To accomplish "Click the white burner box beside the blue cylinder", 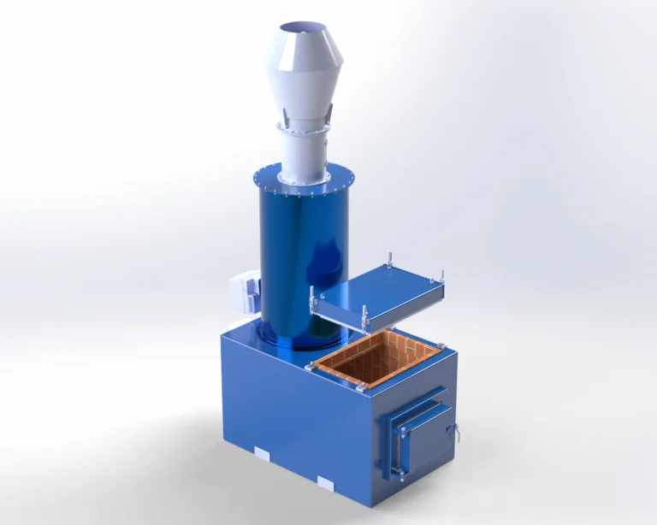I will pyautogui.click(x=243, y=292).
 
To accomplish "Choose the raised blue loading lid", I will pyautogui.click(x=381, y=292).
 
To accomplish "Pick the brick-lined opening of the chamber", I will pyautogui.click(x=376, y=359).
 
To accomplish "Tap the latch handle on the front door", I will pyautogui.click(x=455, y=433).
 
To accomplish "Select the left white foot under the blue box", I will pyautogui.click(x=262, y=451).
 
